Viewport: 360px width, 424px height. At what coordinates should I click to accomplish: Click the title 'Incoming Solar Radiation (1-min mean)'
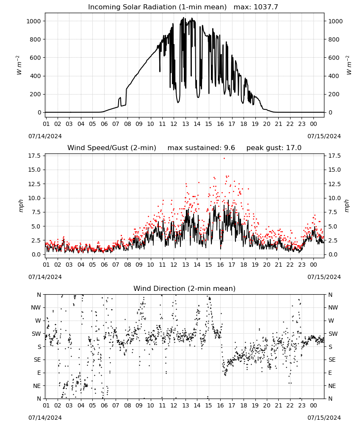click(157, 7)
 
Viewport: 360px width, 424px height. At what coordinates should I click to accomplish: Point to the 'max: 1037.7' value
click(256, 7)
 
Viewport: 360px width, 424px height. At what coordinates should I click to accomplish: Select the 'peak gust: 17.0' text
click(274, 148)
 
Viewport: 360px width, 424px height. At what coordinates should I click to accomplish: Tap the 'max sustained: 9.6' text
click(201, 148)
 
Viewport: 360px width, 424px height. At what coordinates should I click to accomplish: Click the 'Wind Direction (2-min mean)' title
click(185, 288)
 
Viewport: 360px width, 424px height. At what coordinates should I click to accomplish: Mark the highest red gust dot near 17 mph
click(224, 158)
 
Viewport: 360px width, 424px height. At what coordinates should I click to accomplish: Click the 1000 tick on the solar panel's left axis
click(34, 21)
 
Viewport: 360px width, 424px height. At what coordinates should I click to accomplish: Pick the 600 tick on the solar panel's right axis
click(334, 58)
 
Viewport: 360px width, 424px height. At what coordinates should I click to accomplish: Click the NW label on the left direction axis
click(36, 308)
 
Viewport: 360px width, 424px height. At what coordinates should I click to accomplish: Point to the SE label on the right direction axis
click(332, 360)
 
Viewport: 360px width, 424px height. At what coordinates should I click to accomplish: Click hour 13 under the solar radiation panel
click(186, 124)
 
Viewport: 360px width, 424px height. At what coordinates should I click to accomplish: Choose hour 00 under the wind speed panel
click(313, 265)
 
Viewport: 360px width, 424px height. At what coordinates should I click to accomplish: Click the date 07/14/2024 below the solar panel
click(45, 136)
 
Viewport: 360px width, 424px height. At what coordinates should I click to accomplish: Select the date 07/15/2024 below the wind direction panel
click(324, 418)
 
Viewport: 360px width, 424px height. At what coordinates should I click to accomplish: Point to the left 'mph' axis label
click(21, 206)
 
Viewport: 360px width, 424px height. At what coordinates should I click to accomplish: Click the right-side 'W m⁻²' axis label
click(349, 65)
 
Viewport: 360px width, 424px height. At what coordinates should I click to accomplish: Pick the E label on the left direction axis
click(39, 373)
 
